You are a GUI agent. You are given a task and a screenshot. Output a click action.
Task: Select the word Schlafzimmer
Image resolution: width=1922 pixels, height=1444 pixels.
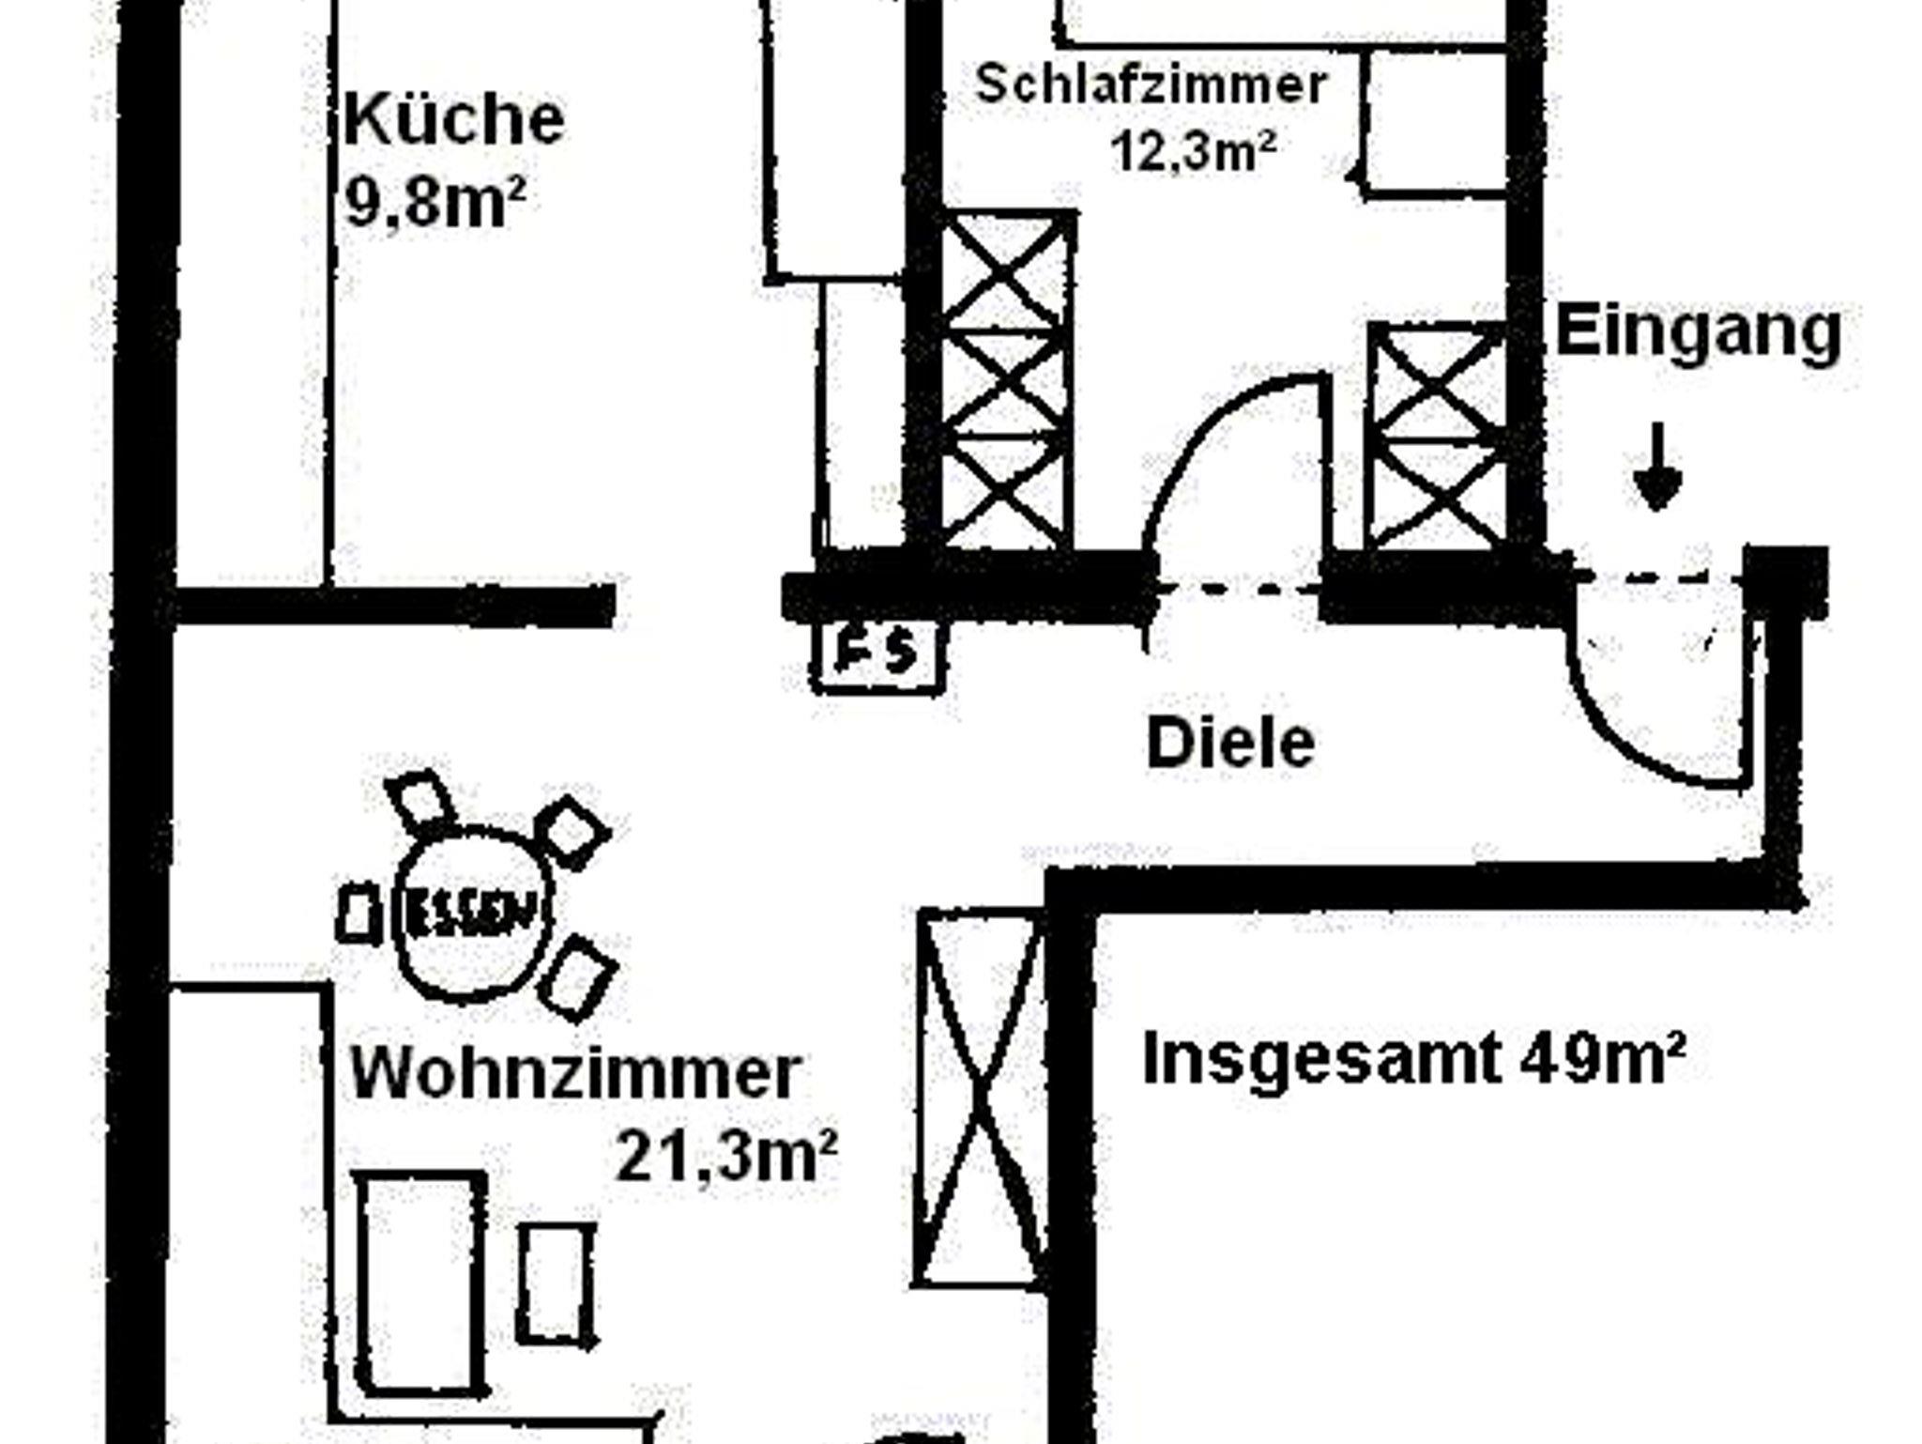1151,84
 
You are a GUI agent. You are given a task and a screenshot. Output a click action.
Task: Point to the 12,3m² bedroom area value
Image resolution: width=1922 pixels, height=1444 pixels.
1193,150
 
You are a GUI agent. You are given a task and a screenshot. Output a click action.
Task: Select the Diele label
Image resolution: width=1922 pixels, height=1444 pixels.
1230,743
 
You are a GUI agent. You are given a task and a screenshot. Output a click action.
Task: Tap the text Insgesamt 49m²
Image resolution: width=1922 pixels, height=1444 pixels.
1413,1059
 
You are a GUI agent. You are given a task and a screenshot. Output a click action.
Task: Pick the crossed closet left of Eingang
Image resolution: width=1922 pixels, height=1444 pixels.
1436,437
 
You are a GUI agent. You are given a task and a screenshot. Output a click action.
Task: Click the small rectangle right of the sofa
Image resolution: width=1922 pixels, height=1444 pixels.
557,1284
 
